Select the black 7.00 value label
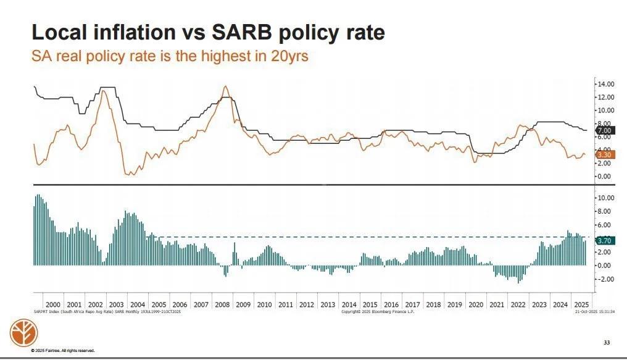(603, 131)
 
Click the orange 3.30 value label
(603, 156)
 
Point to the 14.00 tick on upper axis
(605, 84)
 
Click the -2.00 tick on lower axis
(605, 279)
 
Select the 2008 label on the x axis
(222, 305)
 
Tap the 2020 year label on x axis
(476, 305)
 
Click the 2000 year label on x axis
(53, 305)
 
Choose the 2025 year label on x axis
(581, 305)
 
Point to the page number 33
(606, 342)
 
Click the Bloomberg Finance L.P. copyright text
(378, 312)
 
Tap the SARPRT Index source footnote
(106, 312)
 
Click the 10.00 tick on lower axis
(605, 198)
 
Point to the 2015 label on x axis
(370, 305)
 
